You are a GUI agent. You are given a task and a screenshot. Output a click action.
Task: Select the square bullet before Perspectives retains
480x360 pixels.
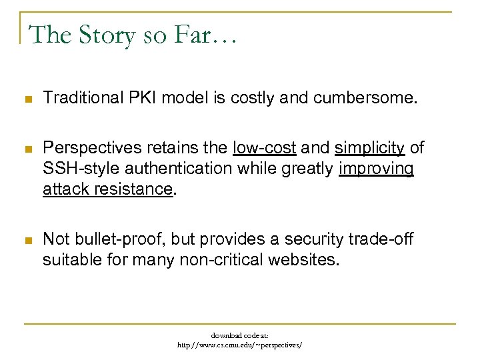pos(27,149)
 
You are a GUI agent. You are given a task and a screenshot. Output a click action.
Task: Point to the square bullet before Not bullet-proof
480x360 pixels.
pos(27,239)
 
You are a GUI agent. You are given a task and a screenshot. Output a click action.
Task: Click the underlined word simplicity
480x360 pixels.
pos(369,148)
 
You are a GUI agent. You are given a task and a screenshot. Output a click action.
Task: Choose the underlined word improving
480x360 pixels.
pos(377,169)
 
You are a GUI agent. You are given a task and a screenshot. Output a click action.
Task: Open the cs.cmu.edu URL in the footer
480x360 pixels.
pos(239,345)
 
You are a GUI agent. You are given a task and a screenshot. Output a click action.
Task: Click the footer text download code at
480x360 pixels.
pos(239,335)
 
